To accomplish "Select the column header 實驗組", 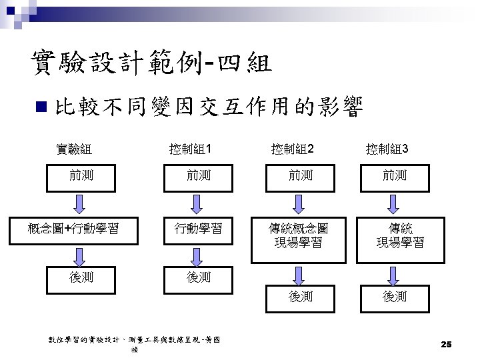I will [x=74, y=148].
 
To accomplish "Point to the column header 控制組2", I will [x=292, y=148].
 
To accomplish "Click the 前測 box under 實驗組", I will [x=81, y=175].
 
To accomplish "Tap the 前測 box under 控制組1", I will [x=198, y=175].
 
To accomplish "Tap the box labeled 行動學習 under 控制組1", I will [x=198, y=229].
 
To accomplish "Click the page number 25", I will [x=446, y=344].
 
